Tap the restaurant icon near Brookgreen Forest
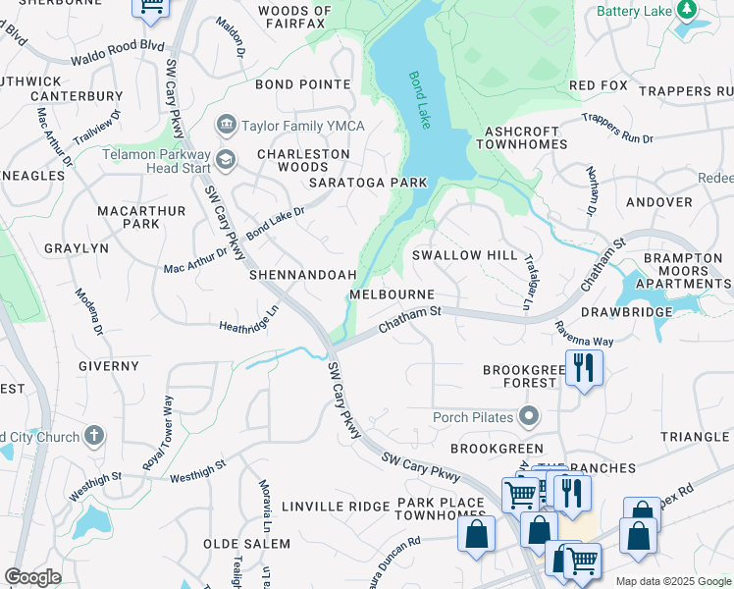click(x=584, y=368)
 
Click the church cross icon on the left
click(x=94, y=435)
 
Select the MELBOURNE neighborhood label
click(x=392, y=295)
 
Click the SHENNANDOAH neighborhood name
click(x=302, y=276)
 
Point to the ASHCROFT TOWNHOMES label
click(x=526, y=136)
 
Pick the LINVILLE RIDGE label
click(x=336, y=507)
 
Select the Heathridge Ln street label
click(x=249, y=320)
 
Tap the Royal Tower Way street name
click(x=158, y=433)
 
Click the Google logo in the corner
click(x=32, y=577)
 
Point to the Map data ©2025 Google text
click(x=673, y=581)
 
